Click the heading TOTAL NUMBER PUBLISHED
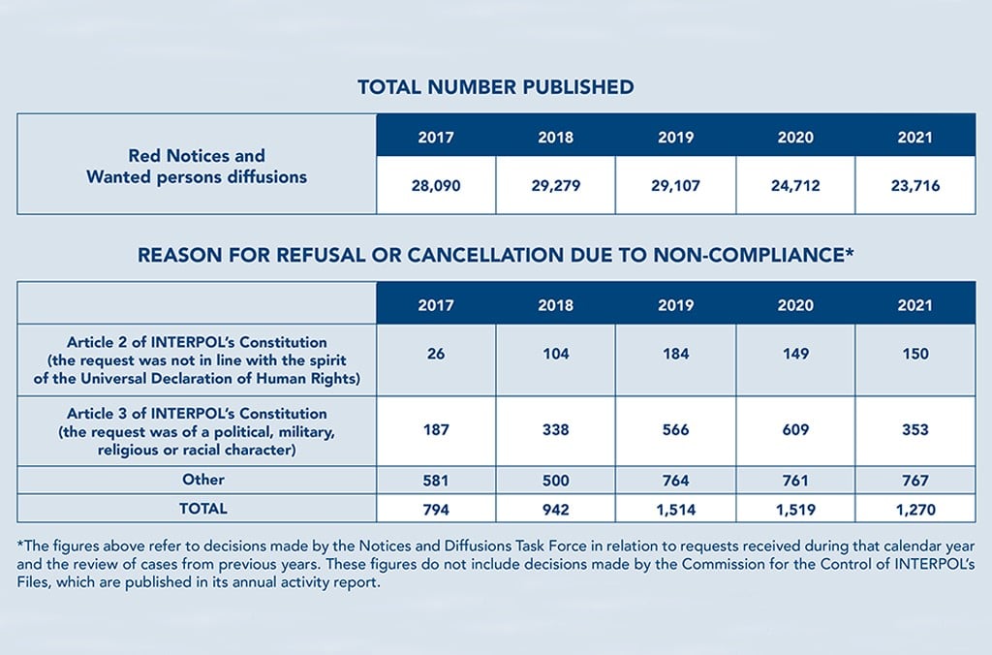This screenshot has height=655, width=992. tap(495, 87)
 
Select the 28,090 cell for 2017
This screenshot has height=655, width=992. tap(436, 185)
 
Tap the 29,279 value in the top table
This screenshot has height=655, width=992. tap(555, 185)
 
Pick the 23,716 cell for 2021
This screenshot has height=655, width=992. tap(914, 185)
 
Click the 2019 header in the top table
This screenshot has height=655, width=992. tap(675, 138)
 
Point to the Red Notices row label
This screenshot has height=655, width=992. tap(197, 166)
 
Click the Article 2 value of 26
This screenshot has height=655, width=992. tap(436, 354)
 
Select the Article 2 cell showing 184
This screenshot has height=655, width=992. tap(675, 354)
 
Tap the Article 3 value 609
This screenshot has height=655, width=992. tap(795, 429)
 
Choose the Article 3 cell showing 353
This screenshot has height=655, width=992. tap(914, 429)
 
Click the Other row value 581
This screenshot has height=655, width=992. tap(436, 481)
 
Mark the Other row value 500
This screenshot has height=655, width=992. tap(555, 481)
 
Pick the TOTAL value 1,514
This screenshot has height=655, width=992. tap(675, 509)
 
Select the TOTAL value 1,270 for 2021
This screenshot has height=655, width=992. tap(914, 509)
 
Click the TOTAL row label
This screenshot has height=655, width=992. tap(203, 508)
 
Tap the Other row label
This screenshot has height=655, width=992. tap(203, 480)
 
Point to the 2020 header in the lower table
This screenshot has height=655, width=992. tap(795, 304)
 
